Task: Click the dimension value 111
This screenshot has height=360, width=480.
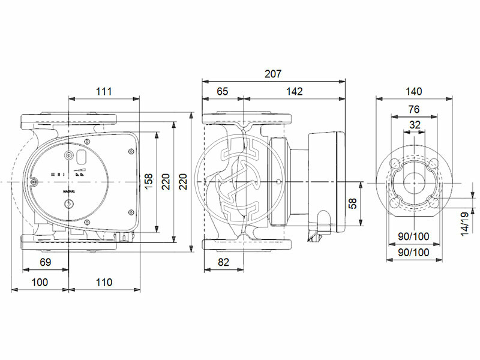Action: (104, 91)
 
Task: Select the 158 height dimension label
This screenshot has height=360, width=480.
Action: (148, 181)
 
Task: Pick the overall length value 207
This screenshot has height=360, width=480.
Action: (273, 74)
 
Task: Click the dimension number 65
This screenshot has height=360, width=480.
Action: (223, 91)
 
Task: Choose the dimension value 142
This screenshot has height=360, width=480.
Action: (294, 91)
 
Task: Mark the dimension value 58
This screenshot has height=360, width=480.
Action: (353, 204)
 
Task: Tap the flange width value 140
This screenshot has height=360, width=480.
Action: (414, 91)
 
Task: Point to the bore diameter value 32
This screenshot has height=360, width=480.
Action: (414, 125)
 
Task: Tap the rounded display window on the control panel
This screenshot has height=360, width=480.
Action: (81, 158)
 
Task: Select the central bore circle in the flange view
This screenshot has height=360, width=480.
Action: (414, 182)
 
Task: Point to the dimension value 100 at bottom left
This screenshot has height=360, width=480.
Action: (40, 283)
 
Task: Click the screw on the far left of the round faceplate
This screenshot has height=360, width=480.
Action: (35, 182)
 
